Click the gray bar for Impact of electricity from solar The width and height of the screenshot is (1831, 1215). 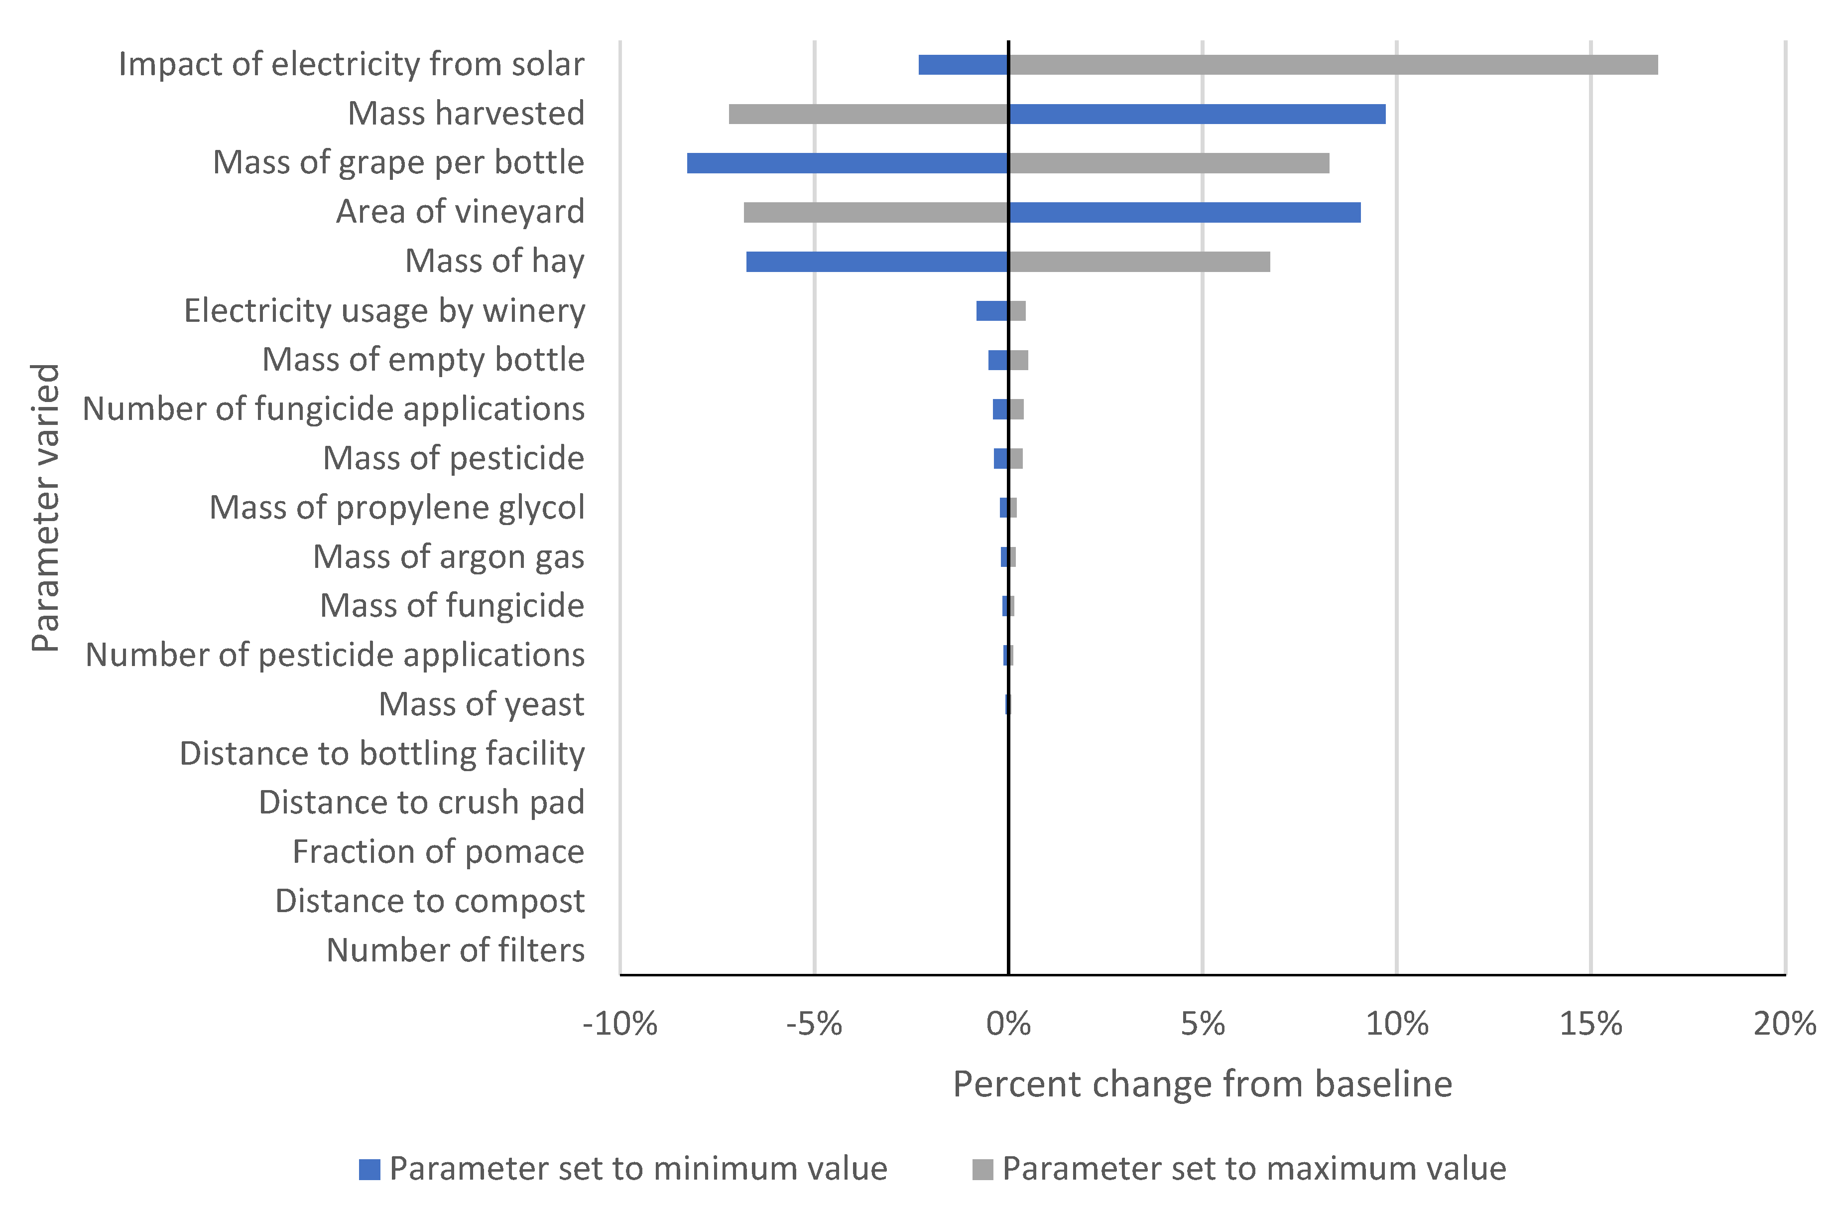(1332, 65)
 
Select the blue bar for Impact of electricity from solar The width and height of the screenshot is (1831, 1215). (963, 65)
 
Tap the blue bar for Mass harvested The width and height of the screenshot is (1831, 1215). (1197, 114)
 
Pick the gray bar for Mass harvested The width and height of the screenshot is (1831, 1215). (868, 114)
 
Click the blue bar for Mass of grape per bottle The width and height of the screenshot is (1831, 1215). (848, 163)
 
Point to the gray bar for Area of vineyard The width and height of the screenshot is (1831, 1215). (876, 212)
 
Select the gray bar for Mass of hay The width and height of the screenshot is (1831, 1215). (1138, 262)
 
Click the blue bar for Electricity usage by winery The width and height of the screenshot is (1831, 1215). (991, 311)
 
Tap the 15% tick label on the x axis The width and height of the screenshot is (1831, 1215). (1590, 1024)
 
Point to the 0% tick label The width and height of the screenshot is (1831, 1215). (1008, 1024)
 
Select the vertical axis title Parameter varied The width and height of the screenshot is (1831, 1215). (45, 508)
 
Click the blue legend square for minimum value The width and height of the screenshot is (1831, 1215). (369, 1169)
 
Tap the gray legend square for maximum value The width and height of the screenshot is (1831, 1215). (982, 1169)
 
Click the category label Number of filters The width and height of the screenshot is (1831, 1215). (456, 950)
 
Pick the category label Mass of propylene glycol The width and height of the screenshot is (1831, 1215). (396, 508)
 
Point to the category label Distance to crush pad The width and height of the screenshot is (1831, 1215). (421, 803)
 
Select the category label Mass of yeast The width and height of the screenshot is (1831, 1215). (481, 704)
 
